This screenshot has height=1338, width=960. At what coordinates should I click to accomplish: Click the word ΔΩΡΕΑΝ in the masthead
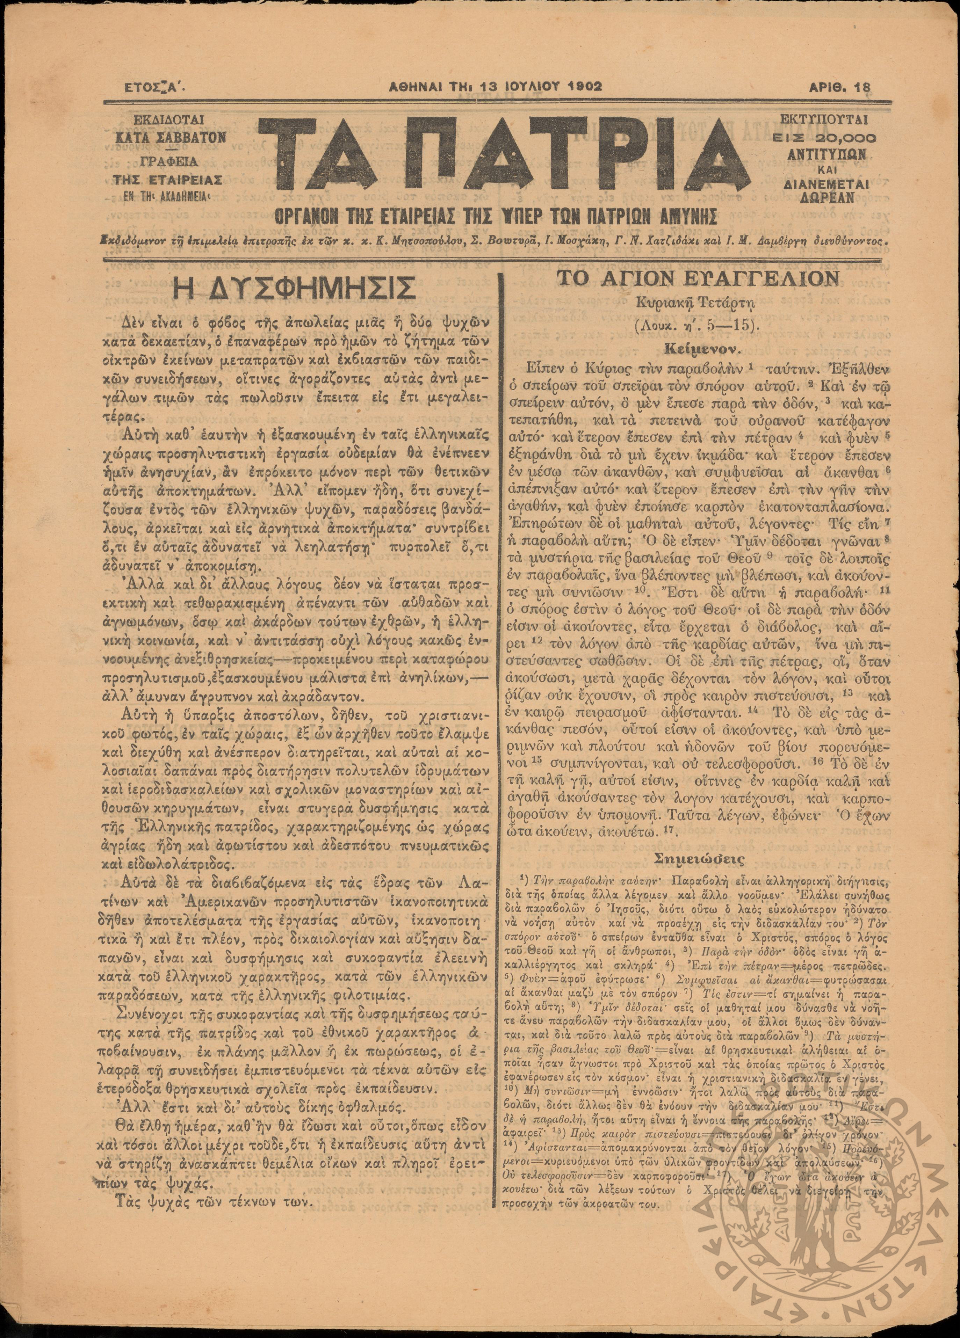point(825,198)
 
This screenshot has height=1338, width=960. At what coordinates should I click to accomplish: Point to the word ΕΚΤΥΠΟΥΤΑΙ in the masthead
point(825,120)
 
